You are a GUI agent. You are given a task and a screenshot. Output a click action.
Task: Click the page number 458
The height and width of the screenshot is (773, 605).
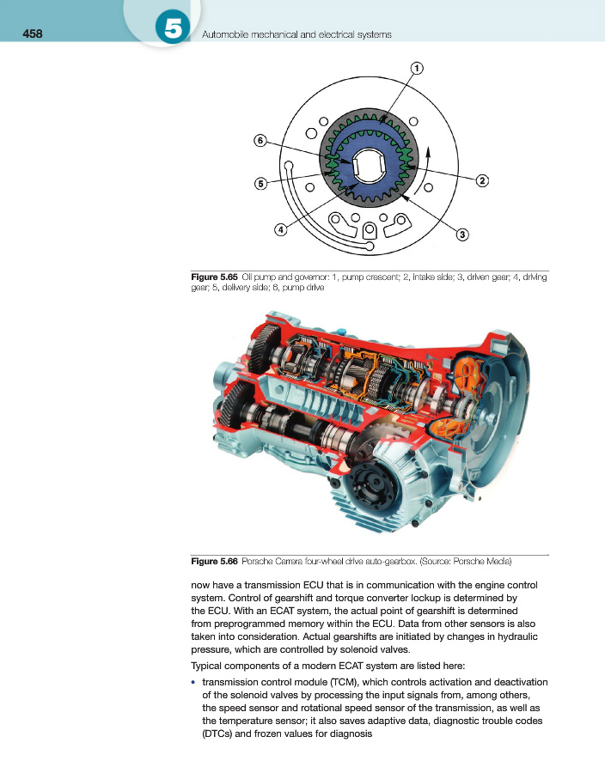click(33, 33)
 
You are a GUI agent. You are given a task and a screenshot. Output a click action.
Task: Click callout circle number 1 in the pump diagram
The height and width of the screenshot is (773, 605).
click(417, 68)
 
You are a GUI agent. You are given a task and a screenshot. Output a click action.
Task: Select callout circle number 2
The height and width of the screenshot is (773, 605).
click(482, 181)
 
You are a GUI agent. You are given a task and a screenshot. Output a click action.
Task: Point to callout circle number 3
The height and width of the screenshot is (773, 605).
click(462, 234)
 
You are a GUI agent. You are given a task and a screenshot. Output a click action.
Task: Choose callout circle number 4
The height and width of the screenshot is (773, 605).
click(280, 229)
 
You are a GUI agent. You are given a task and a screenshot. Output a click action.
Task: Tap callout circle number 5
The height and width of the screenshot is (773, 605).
click(261, 184)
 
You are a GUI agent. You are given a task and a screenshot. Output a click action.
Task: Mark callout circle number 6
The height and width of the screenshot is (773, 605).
click(260, 141)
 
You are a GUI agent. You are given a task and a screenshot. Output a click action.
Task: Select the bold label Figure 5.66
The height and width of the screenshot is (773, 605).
click(215, 562)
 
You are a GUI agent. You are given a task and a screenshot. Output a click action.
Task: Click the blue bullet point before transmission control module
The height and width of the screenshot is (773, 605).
click(193, 682)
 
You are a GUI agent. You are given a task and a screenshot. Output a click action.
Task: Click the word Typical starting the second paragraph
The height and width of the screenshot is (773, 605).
click(206, 666)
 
